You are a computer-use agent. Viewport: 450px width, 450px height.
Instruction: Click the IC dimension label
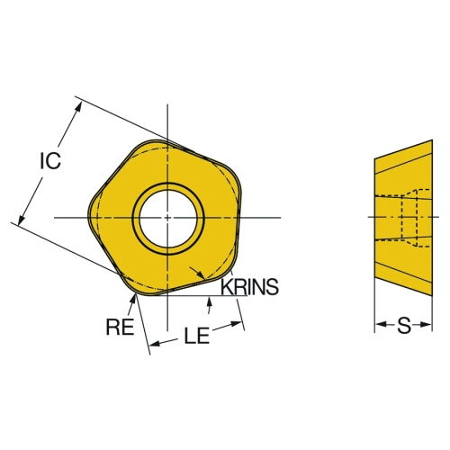tap(50, 160)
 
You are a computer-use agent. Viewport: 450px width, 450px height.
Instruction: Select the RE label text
tap(120, 327)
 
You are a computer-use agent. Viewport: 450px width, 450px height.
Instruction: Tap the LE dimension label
tap(196, 336)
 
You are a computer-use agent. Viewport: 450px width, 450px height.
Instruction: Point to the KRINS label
tap(249, 287)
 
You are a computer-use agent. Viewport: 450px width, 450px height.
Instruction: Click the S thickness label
tap(404, 326)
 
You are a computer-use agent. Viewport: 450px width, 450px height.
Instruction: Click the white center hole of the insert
tap(168, 219)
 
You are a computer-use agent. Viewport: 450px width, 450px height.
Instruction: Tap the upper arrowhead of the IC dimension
tap(78, 108)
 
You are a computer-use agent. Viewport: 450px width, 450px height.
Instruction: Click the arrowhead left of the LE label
tap(156, 344)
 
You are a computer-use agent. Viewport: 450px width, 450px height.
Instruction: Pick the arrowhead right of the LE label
tap(236, 324)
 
